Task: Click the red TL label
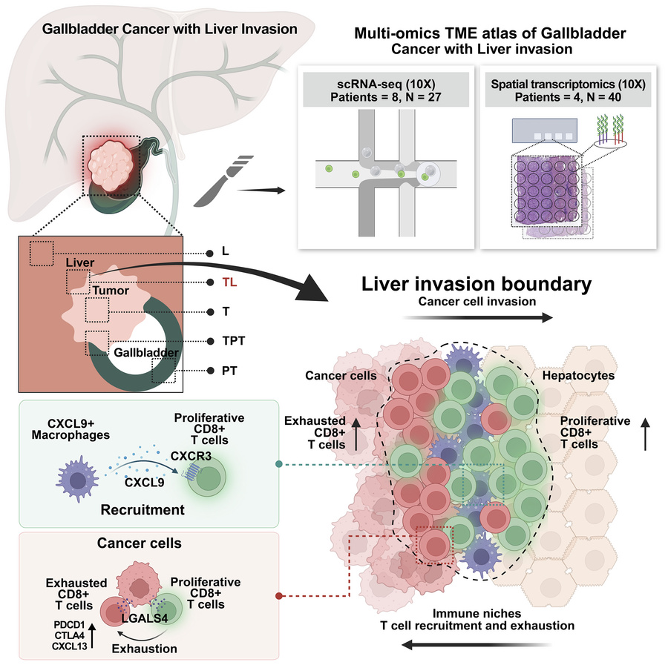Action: point(229,282)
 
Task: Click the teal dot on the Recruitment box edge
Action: point(278,465)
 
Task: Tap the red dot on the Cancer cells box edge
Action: point(278,595)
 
